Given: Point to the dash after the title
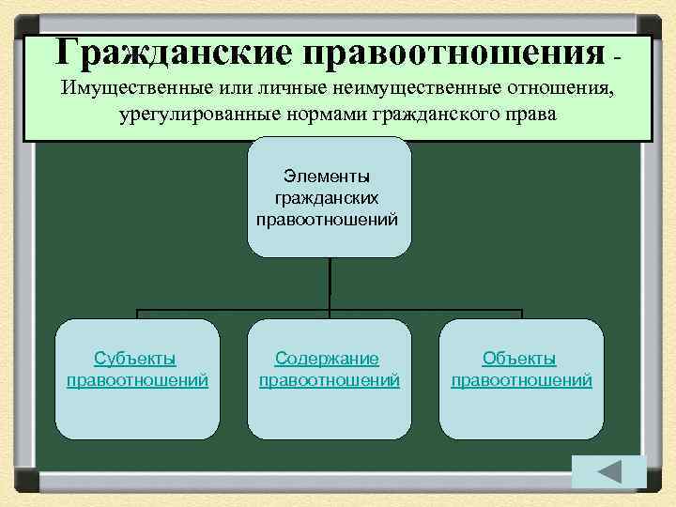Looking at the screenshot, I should click(617, 58).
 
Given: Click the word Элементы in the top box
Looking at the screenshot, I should click(328, 176).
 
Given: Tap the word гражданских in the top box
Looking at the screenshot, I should click(328, 197).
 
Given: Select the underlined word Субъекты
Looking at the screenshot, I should click(136, 359).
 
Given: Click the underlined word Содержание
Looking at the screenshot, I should click(327, 359).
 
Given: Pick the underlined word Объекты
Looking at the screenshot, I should click(519, 359).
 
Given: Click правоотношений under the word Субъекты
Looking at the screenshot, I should click(137, 380).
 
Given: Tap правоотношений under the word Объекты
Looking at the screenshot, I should click(521, 380).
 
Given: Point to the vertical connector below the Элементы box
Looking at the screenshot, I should click(330, 282).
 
